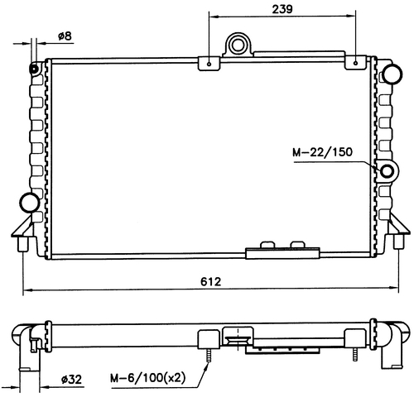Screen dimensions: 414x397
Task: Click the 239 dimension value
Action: tap(282, 9)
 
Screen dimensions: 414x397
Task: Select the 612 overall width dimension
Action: tap(211, 281)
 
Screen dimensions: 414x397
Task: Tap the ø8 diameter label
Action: tap(65, 36)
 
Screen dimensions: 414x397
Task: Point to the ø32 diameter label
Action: tap(71, 380)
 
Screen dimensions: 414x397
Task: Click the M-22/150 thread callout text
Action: tap(322, 152)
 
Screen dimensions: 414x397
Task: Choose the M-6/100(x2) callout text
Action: tap(147, 378)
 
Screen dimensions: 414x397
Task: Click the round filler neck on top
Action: tap(238, 45)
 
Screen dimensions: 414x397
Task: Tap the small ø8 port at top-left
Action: tap(35, 69)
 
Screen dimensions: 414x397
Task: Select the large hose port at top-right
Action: tap(392, 74)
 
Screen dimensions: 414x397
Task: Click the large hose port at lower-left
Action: tap(29, 203)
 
